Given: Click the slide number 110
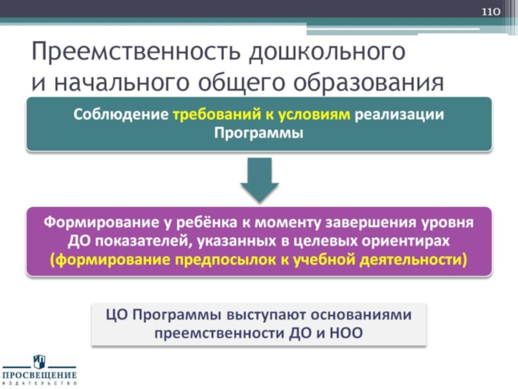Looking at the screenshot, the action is (x=492, y=12).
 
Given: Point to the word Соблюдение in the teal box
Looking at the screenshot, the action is (x=120, y=115).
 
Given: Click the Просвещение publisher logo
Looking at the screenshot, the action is (x=39, y=371).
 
